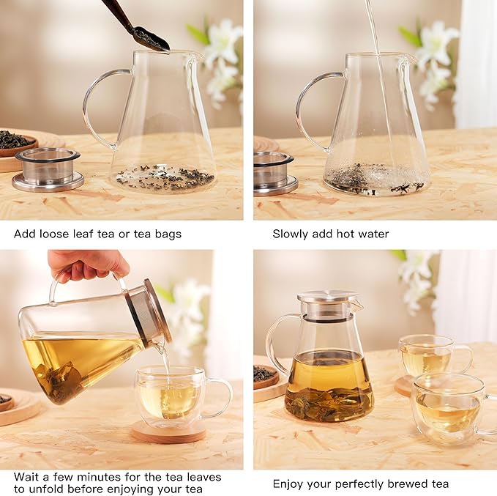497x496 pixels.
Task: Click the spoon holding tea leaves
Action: pyautogui.click(x=146, y=34)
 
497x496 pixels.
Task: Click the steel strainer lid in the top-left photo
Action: pyautogui.click(x=48, y=169)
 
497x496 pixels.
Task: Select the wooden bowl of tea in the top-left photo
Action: pyautogui.click(x=16, y=144)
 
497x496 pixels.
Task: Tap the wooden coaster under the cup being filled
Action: pyautogui.click(x=168, y=432)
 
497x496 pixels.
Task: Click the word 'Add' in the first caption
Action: pyautogui.click(x=25, y=234)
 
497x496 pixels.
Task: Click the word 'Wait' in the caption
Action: pyautogui.click(x=26, y=477)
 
